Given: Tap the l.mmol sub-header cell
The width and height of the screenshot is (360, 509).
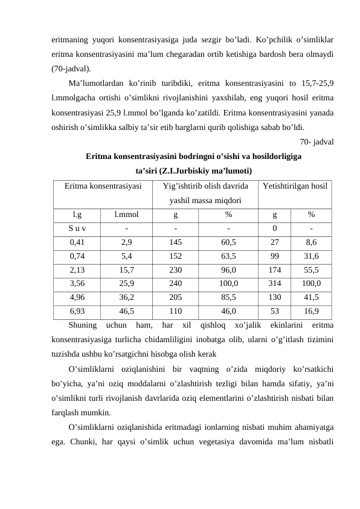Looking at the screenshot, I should pos(126,214).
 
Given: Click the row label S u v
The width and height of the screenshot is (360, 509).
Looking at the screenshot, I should pos(77,228).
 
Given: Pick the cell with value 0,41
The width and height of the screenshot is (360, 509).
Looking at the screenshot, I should pos(77,242).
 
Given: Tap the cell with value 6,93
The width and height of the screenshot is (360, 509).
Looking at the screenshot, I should pos(77,312).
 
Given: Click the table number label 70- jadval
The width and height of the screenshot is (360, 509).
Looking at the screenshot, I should pos(318,143).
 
